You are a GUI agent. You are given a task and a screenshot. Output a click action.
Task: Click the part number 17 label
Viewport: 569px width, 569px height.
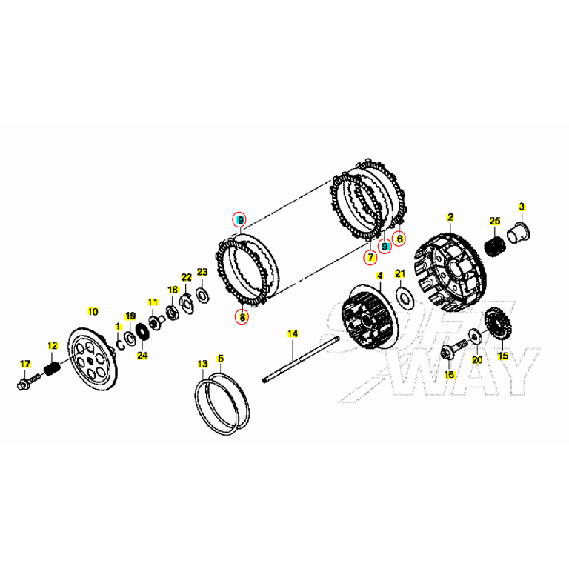(25, 364)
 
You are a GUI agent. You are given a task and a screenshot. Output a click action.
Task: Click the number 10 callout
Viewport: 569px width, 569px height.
(93, 311)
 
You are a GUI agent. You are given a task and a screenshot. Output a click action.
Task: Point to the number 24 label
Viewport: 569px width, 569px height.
(142, 355)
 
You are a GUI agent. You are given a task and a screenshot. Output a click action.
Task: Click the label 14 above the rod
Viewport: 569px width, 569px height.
(292, 333)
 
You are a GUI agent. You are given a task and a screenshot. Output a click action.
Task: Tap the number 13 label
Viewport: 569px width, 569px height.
(202, 364)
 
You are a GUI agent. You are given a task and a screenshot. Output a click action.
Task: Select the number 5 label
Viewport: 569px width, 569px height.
(220, 359)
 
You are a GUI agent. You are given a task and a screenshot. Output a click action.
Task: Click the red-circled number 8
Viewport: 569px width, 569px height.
(242, 317)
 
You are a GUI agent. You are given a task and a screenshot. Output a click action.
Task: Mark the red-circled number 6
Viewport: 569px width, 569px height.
(399, 239)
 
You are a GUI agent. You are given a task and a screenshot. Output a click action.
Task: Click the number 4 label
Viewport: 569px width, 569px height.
(379, 276)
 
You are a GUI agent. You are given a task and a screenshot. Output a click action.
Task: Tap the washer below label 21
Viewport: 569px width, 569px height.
(405, 298)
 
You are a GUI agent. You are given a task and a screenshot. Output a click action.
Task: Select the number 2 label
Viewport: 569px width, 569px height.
(449, 217)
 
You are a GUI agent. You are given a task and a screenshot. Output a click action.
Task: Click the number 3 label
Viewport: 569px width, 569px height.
(521, 207)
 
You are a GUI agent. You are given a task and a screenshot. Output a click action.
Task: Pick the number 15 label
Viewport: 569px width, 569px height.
(503, 356)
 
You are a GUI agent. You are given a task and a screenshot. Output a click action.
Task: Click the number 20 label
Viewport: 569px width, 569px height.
(477, 359)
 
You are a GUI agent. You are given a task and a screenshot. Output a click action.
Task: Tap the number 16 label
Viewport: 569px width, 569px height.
(449, 375)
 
